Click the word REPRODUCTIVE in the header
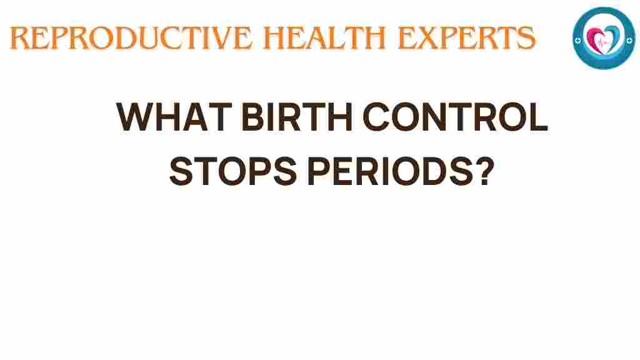point(131,38)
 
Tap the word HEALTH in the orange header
point(324,38)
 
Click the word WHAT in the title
point(174,117)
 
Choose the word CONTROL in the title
point(455,117)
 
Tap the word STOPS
point(233,171)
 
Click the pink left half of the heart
point(594,38)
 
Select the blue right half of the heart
point(613,38)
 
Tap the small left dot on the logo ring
point(577,41)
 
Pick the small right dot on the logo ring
point(629,40)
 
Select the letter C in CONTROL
point(376,117)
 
